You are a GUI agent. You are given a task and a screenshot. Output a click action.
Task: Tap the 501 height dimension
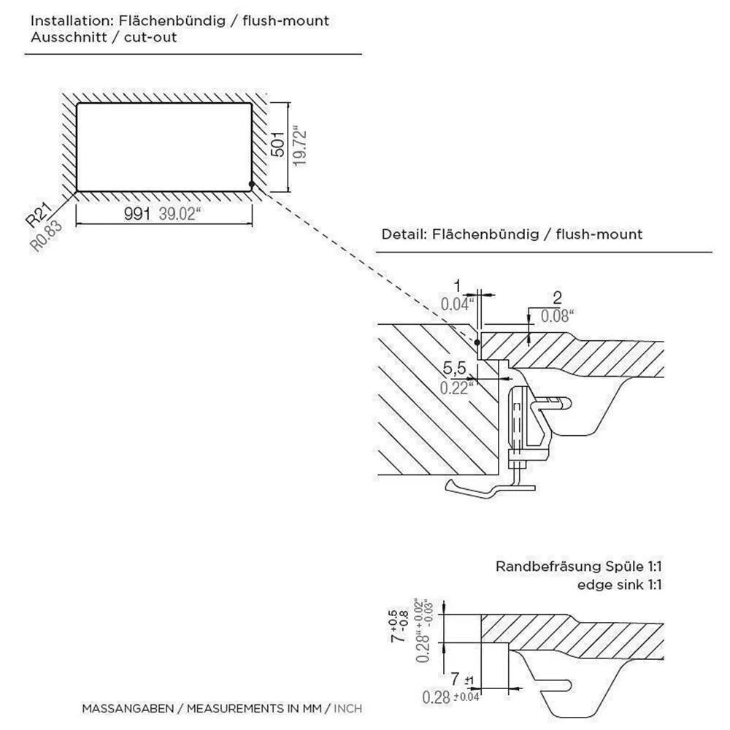point(278,143)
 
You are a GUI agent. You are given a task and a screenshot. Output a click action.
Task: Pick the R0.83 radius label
point(47,236)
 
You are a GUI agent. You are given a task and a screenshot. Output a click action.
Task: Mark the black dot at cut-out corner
point(251,185)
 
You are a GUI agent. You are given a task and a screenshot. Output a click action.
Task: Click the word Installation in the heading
point(64,20)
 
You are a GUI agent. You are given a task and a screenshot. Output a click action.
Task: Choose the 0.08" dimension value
point(557,315)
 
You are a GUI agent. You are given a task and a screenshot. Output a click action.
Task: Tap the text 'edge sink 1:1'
point(619,584)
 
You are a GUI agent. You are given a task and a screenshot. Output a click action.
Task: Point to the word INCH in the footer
point(347,708)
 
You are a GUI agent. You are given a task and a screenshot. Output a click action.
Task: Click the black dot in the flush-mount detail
point(476,342)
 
